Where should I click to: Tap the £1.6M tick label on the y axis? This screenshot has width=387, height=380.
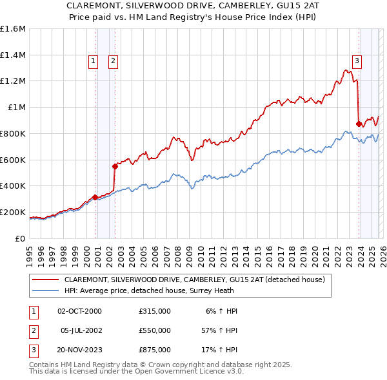[x=13, y=29]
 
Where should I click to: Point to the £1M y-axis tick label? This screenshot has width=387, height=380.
[x=15, y=108]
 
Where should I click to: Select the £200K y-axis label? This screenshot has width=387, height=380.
[x=13, y=212]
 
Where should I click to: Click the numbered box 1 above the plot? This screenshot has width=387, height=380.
[x=93, y=61]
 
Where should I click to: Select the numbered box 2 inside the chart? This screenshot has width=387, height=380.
[x=113, y=61]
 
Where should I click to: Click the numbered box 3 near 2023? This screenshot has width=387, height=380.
[x=357, y=61]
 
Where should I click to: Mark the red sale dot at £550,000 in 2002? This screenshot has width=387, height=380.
[x=115, y=166]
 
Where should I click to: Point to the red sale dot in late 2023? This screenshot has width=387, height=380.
[x=359, y=124]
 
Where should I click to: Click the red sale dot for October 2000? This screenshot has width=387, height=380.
[x=95, y=197]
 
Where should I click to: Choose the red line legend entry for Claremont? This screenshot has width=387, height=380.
[x=198, y=280]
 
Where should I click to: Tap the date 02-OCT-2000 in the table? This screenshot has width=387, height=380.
[x=79, y=311]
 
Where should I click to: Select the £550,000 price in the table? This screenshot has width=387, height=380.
[x=155, y=330]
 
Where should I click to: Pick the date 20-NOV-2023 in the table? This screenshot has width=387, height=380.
[x=79, y=350]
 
